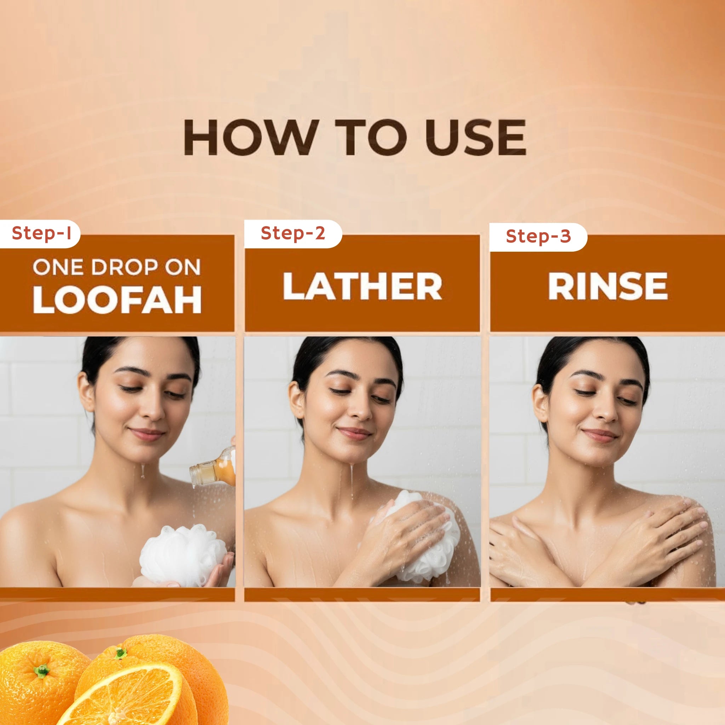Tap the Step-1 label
(x=41, y=233)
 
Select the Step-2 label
(x=293, y=233)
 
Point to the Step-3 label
(x=538, y=236)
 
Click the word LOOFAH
(x=117, y=301)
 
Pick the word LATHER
(x=362, y=286)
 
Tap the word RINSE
(x=608, y=286)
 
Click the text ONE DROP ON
(x=117, y=268)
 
